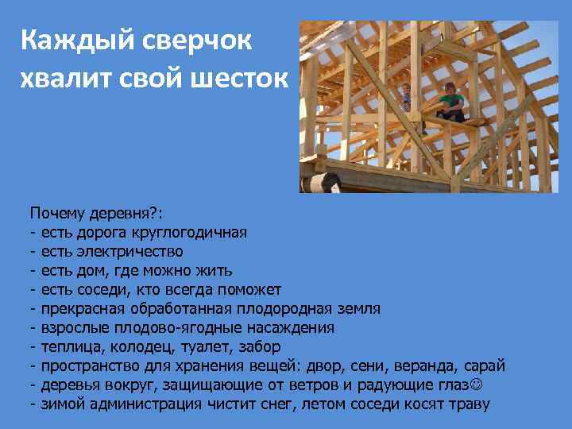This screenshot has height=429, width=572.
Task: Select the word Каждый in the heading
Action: pyautogui.click(x=68, y=41)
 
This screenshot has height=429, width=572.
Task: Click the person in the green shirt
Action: pyautogui.click(x=451, y=100)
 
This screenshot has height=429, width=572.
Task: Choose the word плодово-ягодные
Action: pyautogui.click(x=166, y=327)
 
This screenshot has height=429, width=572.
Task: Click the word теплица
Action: pyautogui.click(x=71, y=346)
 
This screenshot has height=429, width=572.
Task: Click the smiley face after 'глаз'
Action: pyautogui.click(x=477, y=385)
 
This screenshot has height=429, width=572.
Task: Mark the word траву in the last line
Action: pyautogui.click(x=470, y=404)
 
